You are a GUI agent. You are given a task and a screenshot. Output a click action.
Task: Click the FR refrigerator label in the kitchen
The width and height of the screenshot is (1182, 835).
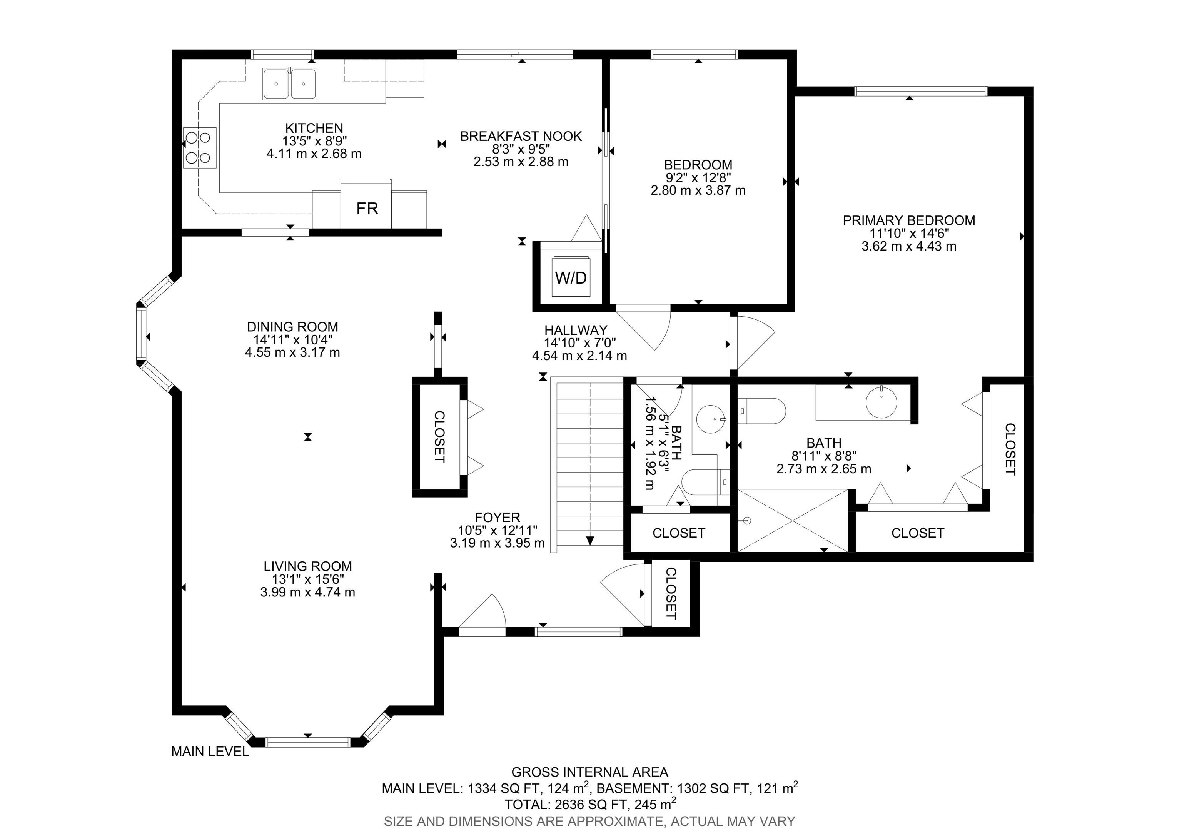click(367, 209)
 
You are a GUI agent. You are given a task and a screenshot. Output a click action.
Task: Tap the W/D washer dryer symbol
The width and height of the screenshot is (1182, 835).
click(571, 278)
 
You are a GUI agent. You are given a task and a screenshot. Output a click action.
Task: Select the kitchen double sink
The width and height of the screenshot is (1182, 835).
click(290, 83)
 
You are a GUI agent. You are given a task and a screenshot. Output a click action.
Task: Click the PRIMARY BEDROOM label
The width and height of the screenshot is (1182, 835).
click(909, 220)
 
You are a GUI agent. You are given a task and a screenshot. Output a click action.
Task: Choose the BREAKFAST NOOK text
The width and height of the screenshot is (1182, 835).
click(521, 137)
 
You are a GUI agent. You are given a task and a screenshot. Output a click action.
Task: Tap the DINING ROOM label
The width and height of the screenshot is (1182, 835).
click(292, 327)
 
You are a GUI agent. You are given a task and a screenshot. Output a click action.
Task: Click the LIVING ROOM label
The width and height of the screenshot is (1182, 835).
click(308, 566)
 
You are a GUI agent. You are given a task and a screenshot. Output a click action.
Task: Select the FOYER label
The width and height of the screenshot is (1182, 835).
click(497, 518)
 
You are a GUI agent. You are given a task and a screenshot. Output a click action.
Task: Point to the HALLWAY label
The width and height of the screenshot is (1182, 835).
click(576, 330)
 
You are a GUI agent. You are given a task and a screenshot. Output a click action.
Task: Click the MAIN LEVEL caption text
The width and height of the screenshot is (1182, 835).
click(210, 751)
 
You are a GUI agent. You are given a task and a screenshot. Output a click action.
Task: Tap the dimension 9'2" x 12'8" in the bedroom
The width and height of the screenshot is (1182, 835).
click(698, 178)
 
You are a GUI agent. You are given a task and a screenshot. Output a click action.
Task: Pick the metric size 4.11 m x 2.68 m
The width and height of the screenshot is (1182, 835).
click(314, 154)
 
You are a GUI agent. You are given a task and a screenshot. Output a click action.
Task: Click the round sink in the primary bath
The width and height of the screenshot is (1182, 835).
click(881, 402)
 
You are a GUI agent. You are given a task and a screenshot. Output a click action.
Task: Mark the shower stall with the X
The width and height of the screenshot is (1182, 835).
click(793, 521)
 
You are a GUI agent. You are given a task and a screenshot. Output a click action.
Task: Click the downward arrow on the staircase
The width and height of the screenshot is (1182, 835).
click(590, 541)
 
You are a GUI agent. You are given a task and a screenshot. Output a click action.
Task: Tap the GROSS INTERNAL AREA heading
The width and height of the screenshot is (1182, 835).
click(590, 772)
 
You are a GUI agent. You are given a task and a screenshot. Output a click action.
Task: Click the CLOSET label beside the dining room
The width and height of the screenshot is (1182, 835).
click(439, 437)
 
